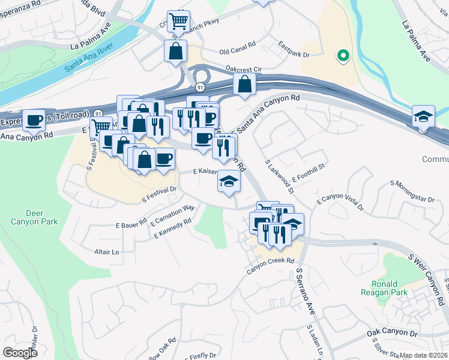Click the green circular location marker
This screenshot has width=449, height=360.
tap(343, 56)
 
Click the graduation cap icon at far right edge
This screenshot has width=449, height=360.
tap(424, 116)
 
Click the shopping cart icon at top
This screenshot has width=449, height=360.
tap(178, 22)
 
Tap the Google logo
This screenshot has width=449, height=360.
tap(20, 353)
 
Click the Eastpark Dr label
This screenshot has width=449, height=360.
tap(294, 49)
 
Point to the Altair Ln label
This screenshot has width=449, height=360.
tap(107, 252)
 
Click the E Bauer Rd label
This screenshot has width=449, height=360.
tap(131, 224)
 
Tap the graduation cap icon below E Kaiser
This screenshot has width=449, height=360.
tap(228, 181)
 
